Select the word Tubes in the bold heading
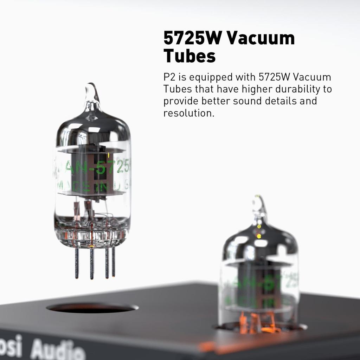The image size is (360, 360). point(189,56)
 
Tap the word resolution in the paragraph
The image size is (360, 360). point(188,113)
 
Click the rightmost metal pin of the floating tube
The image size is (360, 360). point(113,262)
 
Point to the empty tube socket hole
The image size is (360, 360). point(92,308)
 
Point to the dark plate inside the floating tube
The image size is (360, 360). point(92,169)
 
